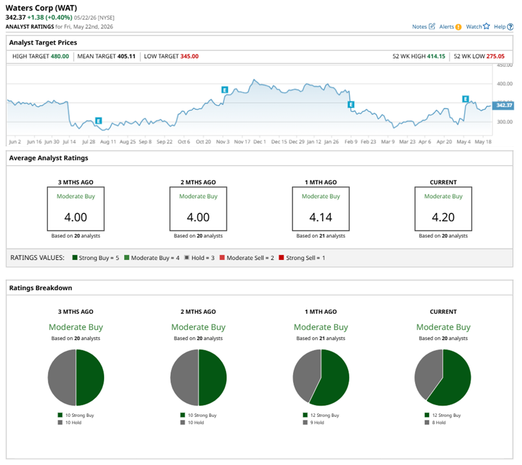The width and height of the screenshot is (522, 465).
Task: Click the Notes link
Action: click(x=424, y=27)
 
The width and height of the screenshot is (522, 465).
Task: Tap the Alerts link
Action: click(x=450, y=27)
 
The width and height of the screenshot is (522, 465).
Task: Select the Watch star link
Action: click(x=477, y=26)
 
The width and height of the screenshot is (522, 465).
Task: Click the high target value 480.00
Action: click(x=60, y=56)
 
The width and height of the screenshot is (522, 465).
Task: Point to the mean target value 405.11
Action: click(x=126, y=56)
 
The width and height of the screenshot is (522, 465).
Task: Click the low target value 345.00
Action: click(x=189, y=56)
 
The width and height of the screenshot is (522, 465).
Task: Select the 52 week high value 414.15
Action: click(x=436, y=56)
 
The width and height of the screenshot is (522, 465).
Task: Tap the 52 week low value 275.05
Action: click(x=495, y=56)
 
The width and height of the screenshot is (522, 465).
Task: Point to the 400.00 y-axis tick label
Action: click(x=505, y=83)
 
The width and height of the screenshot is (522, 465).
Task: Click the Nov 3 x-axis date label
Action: click(x=223, y=141)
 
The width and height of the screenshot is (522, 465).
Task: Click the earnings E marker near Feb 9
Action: click(x=351, y=105)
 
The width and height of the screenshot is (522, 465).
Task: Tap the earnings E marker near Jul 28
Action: click(x=98, y=120)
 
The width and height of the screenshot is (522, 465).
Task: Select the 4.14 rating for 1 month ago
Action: click(x=321, y=217)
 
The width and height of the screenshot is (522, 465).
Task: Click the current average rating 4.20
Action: click(x=443, y=217)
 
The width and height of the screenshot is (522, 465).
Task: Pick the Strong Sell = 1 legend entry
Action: click(x=302, y=258)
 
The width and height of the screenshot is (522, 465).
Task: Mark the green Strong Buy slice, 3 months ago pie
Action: click(x=90, y=378)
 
